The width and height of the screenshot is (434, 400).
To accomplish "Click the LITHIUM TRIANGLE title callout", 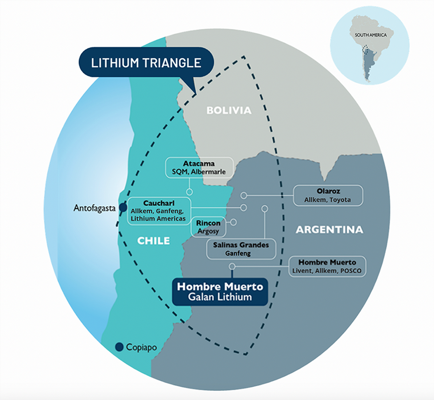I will coord(146,62).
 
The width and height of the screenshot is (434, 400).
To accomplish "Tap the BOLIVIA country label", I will coord(229,110).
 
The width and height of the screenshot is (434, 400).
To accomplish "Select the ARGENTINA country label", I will coord(329,230).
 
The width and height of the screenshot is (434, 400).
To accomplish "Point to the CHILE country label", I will coord(153,241).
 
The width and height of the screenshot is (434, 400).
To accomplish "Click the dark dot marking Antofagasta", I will coord(123,207).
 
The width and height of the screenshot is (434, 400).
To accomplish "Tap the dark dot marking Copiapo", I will coord(119,347).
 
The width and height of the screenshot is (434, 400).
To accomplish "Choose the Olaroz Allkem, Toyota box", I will coord(328,195).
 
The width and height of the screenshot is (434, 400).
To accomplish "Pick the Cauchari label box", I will coord(159,211).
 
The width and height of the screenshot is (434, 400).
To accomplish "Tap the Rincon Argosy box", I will coord(208,226).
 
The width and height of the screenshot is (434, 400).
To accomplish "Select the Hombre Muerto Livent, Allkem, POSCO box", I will coord(327,266).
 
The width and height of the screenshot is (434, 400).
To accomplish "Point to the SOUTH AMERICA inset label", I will coord(367,35).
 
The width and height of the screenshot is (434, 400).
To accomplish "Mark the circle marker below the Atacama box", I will coord(189,192).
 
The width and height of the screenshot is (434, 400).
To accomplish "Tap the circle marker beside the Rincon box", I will coord(233,222).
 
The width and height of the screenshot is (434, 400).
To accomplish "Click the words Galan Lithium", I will coord(220,297).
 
